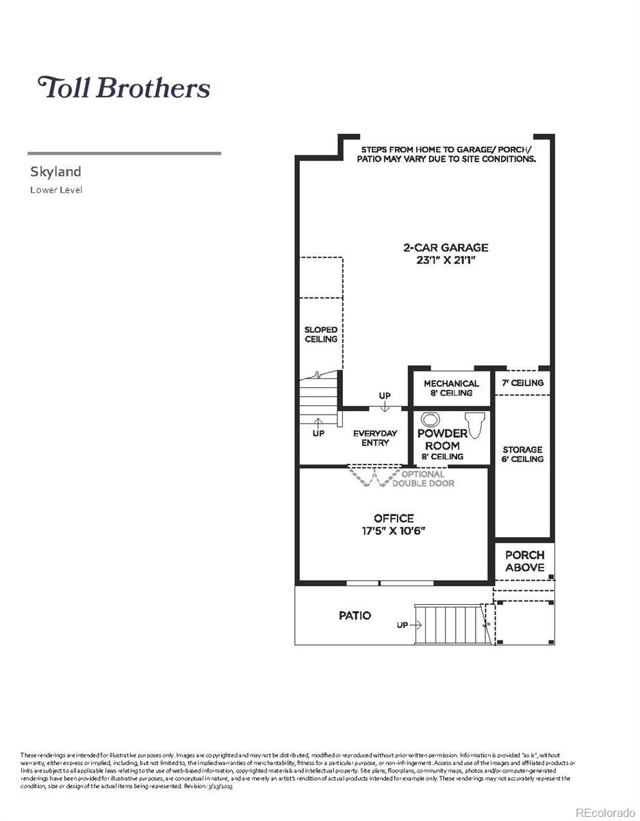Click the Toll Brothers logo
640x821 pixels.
(x=123, y=88)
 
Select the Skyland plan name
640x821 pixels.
(x=55, y=171)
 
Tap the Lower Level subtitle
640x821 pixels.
(x=56, y=190)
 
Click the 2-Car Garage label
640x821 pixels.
(x=445, y=248)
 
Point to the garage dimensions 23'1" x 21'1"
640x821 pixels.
(x=445, y=260)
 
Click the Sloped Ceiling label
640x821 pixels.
(x=320, y=335)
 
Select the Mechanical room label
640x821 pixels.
(x=451, y=384)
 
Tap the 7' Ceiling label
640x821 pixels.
(x=522, y=383)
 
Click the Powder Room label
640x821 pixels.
(x=442, y=440)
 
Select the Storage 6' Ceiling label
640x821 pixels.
(x=522, y=454)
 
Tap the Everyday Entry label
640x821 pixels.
(x=375, y=438)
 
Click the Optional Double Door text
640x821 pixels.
(x=422, y=479)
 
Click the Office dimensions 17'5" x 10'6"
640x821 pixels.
(x=394, y=531)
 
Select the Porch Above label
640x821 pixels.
(x=524, y=561)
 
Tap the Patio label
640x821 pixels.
(x=355, y=616)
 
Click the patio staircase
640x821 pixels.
(x=448, y=624)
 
